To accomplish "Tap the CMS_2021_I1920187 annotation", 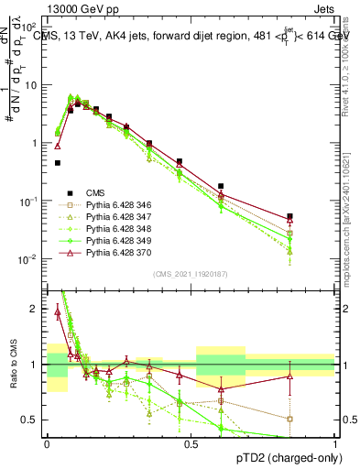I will [x=191, y=273].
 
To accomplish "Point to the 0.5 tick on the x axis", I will [x=191, y=443].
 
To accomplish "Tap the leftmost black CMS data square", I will [x=58, y=163].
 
